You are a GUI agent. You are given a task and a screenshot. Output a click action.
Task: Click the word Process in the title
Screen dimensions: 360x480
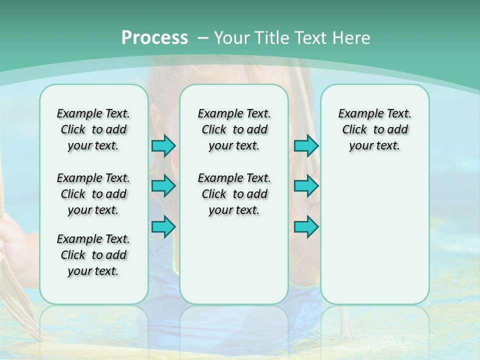point(154,38)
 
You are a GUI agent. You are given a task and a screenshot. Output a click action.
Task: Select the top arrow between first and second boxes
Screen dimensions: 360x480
point(163,145)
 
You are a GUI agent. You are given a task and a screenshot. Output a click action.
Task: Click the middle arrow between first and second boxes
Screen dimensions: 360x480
point(163,186)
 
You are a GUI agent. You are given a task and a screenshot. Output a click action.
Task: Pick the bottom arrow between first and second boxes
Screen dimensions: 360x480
point(163,226)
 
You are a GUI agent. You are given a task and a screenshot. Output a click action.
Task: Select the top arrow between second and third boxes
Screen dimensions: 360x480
point(306,145)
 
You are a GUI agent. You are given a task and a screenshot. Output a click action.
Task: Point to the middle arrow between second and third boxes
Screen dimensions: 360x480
point(306,186)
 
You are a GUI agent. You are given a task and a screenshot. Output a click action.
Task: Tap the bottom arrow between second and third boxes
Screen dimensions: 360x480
point(306,226)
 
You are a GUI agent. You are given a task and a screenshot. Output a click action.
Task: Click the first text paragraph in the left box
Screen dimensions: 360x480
point(93,129)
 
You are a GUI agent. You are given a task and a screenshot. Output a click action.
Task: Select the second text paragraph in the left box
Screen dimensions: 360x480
point(93,194)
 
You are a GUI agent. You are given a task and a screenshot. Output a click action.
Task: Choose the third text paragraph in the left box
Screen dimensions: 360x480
point(93,255)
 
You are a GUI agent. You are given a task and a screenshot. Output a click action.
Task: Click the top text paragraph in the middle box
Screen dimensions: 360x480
point(234,129)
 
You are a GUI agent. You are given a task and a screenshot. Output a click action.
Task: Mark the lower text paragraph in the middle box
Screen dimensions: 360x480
point(234,194)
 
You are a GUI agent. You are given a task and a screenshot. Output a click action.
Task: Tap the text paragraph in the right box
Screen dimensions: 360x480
point(374,129)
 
